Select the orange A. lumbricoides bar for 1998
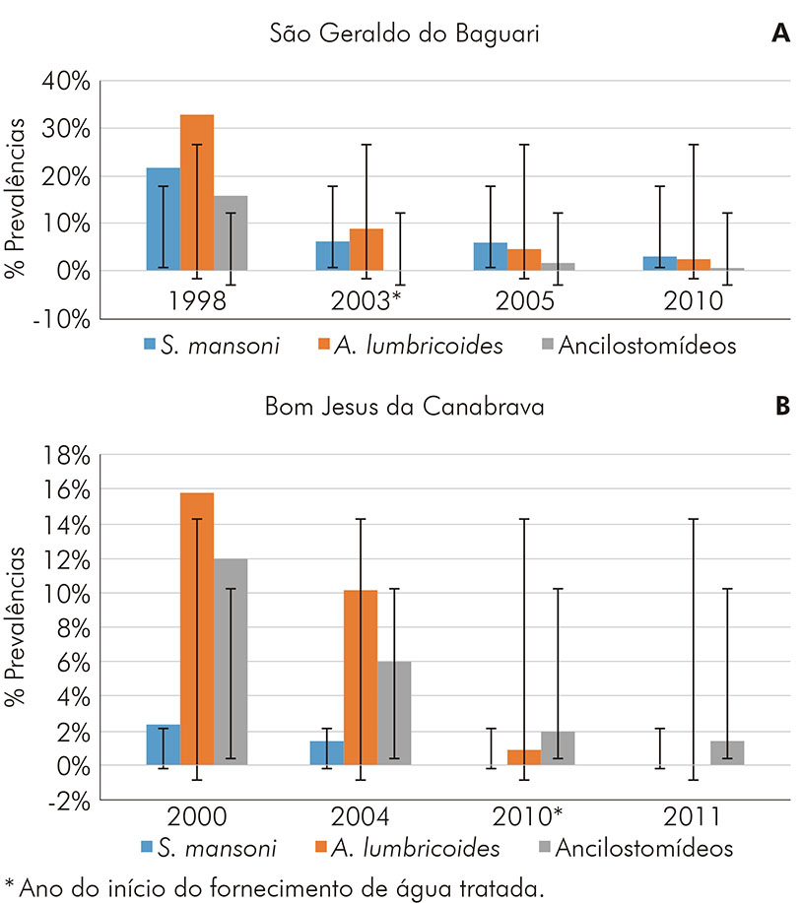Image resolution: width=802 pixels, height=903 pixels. pos(197,192)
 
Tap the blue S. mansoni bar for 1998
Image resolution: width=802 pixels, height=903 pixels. pos(164,219)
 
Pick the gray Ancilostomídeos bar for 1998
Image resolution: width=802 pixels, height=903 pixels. pos(232,232)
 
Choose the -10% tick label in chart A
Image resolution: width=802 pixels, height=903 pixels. pos(63,318)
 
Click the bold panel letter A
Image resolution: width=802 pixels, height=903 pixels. pos(780,33)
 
